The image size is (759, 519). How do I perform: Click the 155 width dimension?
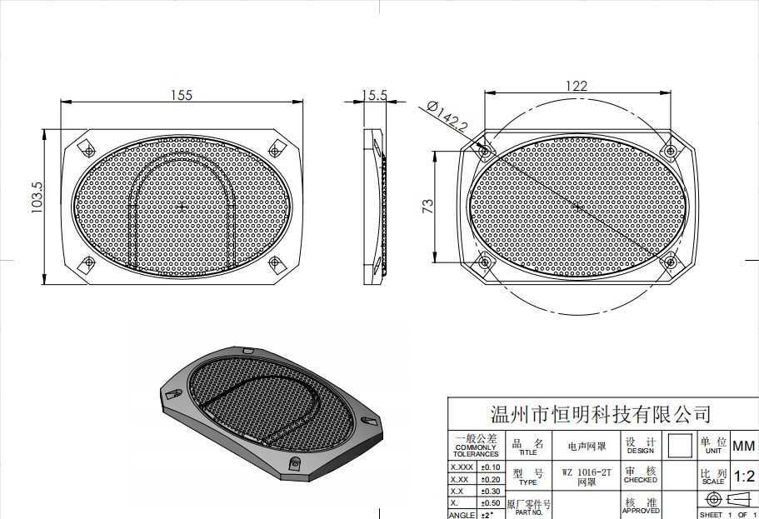click(x=182, y=95)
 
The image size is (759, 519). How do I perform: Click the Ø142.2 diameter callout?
click(x=447, y=116)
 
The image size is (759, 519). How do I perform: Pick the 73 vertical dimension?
click(x=427, y=207)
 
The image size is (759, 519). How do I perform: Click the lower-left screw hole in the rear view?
click(x=483, y=262)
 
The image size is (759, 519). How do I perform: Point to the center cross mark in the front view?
click(x=182, y=206)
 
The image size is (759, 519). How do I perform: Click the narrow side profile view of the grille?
click(x=377, y=205)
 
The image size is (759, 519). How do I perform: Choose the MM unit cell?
click(x=743, y=446)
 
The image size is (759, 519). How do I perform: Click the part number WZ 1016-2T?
click(x=587, y=472)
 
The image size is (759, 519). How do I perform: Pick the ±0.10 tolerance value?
click(x=491, y=467)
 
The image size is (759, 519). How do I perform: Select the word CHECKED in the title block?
click(x=640, y=481)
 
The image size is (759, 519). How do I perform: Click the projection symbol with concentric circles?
click(x=712, y=499)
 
